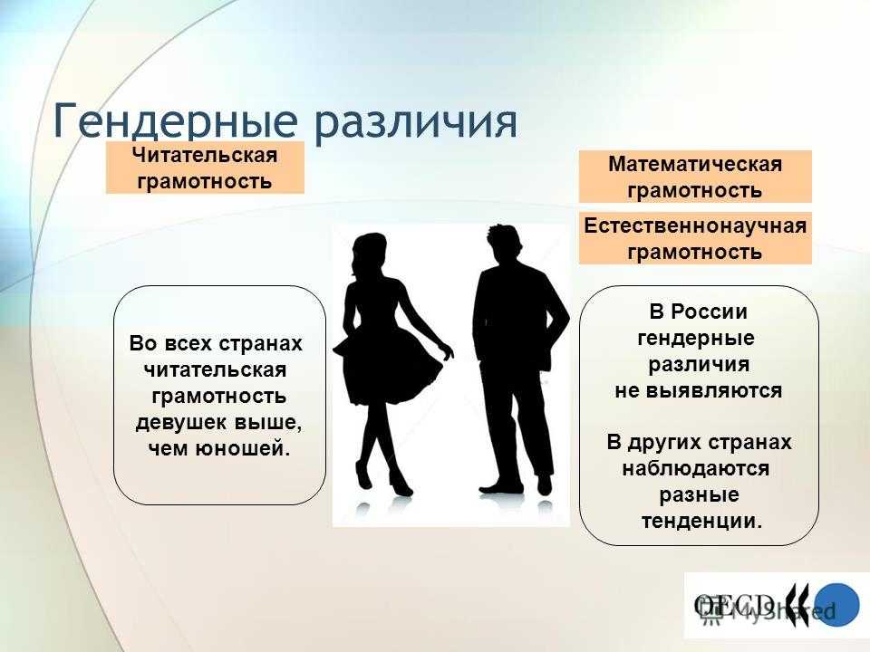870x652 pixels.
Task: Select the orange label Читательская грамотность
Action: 204,168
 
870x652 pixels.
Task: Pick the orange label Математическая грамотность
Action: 695,177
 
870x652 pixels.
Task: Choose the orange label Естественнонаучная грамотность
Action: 695,238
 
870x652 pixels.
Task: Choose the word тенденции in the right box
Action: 701,521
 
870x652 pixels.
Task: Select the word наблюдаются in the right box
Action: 696,469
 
